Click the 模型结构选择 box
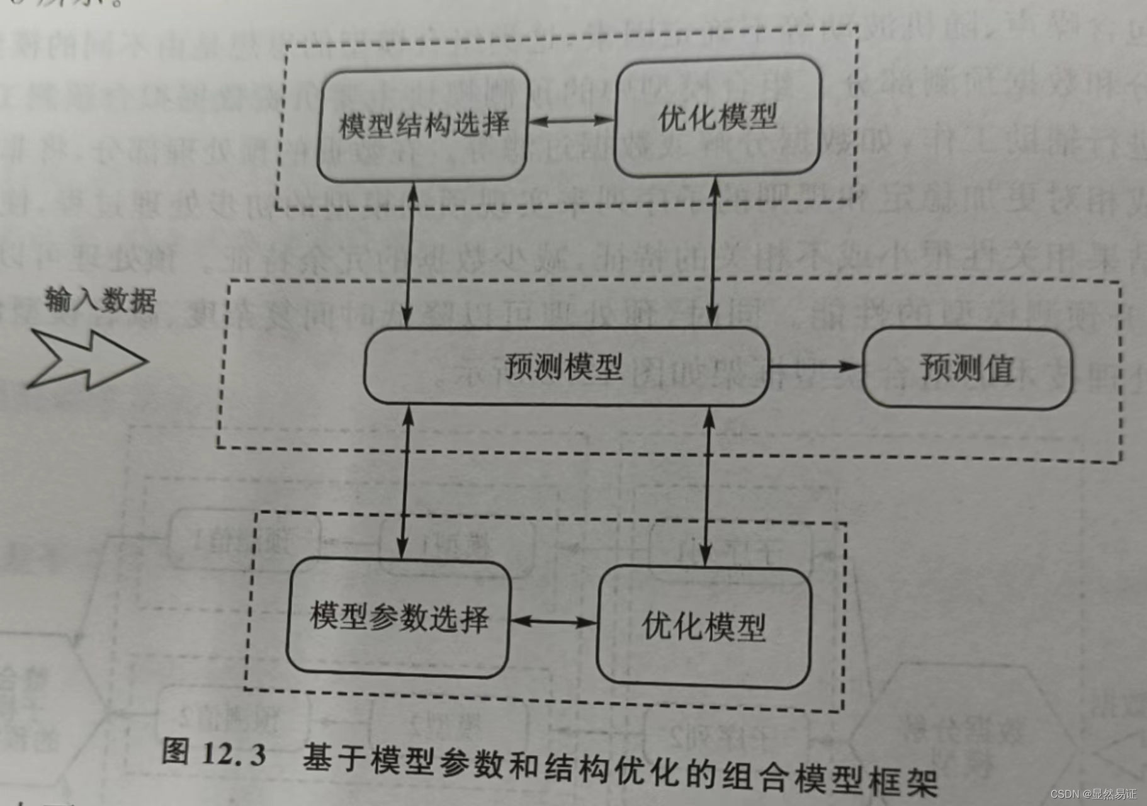(423, 125)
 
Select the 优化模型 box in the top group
(717, 118)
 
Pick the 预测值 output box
(966, 368)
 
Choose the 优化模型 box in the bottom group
(703, 626)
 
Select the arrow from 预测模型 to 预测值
(815, 366)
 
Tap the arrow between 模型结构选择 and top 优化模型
(570, 120)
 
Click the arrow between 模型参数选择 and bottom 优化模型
(553, 622)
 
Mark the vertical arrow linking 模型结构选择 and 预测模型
(410, 254)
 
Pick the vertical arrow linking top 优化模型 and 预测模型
(713, 252)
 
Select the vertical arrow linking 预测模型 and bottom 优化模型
(707, 486)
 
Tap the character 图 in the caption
(176, 751)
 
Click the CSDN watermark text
(1093, 794)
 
